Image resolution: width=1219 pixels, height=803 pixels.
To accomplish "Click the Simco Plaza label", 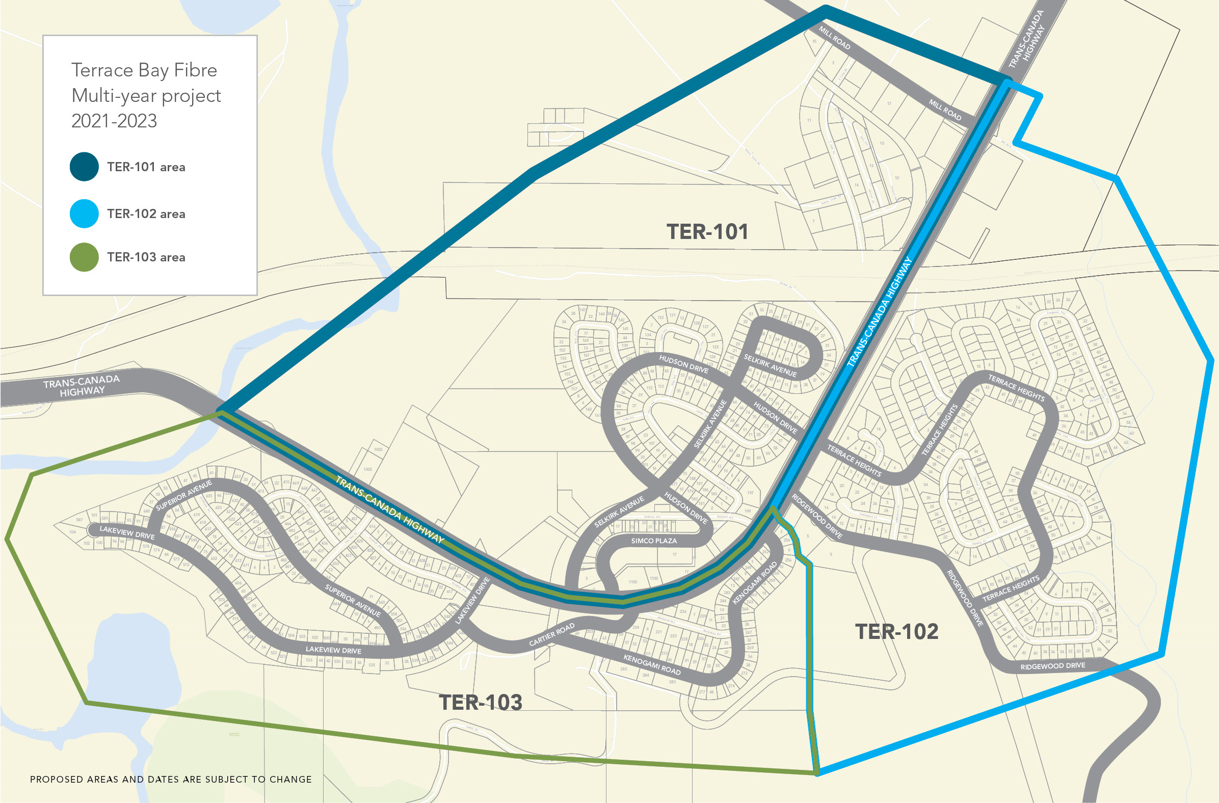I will [x=653, y=541].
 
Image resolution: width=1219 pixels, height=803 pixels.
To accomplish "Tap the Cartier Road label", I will [x=551, y=635].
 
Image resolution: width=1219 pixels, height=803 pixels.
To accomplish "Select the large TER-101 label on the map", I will [x=707, y=232].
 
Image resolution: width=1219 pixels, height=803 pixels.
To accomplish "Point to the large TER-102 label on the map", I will [x=896, y=631].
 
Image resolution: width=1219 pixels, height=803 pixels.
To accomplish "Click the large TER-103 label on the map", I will [x=481, y=702].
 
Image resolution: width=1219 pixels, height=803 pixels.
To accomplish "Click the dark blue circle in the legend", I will [x=84, y=167].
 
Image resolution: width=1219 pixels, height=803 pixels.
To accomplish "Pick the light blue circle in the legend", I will [x=84, y=213].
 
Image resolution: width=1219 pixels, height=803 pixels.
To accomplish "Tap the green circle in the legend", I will [x=84, y=257].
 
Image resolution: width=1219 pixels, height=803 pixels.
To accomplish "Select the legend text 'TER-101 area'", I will [x=146, y=168].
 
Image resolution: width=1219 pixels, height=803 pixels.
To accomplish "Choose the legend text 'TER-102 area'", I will [x=146, y=214].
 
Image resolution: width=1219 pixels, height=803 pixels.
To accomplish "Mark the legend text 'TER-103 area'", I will [x=146, y=257].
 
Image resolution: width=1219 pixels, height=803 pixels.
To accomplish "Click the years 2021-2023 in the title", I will [x=114, y=121].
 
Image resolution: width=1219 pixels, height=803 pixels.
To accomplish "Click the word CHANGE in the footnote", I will [x=290, y=780].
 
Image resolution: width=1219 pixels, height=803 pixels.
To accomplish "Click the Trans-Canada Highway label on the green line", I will [x=389, y=509].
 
